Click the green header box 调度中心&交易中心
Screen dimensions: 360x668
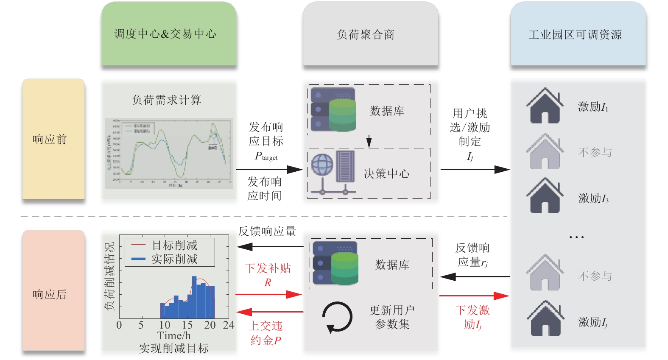point(169,34)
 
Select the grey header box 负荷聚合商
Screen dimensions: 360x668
point(370,34)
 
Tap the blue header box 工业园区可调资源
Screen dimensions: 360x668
point(578,34)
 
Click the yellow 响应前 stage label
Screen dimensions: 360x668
point(53,139)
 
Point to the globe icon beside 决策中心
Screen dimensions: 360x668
point(322,165)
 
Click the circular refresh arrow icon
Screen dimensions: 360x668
point(337,317)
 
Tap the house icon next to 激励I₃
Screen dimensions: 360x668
point(545,196)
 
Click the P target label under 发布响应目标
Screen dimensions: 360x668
point(266,156)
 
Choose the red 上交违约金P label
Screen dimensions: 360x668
point(266,333)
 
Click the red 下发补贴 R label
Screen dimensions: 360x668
point(268,275)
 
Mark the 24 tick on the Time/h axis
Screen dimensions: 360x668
point(229,325)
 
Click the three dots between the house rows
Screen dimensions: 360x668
point(576,237)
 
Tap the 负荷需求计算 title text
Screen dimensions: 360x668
point(167,100)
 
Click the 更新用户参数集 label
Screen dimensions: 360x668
point(392,317)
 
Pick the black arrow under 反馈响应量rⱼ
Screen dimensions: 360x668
point(475,277)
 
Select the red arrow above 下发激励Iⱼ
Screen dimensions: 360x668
point(474,296)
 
